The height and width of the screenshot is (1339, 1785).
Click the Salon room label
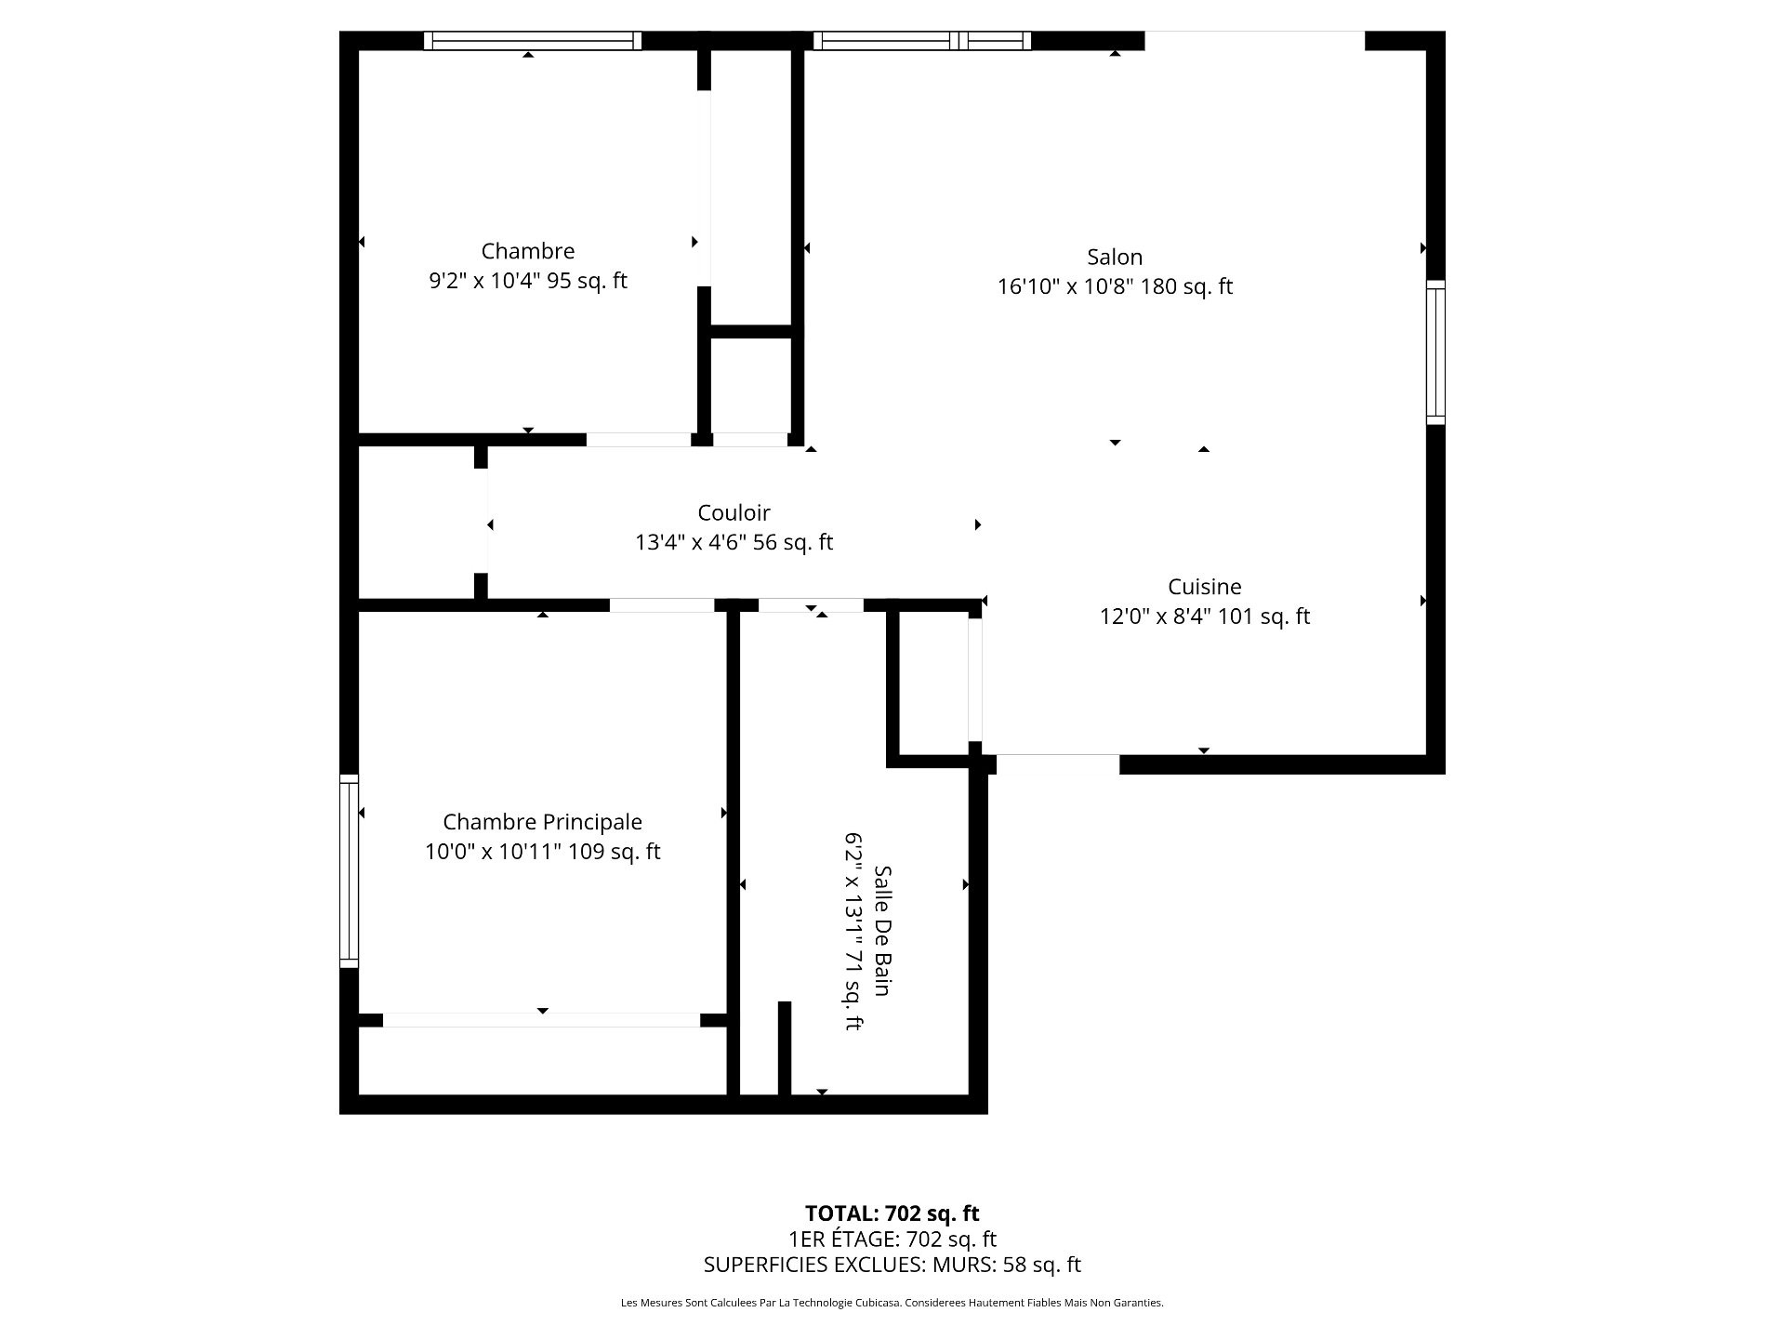tap(1115, 257)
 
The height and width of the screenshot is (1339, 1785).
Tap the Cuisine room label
tap(1205, 587)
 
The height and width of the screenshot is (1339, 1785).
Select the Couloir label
tap(734, 512)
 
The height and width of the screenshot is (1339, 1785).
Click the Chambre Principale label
tap(542, 822)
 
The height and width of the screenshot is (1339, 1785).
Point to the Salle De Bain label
tap(882, 931)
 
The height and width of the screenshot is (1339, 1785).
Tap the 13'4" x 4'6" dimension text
tap(691, 542)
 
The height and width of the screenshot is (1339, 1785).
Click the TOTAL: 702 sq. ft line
tap(892, 1213)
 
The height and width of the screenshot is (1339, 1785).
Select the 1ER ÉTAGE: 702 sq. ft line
tap(892, 1240)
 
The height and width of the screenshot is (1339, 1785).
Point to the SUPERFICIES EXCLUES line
tap(892, 1265)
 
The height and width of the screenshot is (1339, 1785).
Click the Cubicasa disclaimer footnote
tap(892, 1303)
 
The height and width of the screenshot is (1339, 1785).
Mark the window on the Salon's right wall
tap(1435, 352)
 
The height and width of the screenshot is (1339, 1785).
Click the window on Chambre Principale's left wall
tap(349, 871)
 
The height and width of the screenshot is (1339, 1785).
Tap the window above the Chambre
tap(533, 41)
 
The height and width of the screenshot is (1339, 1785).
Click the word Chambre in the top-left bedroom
tap(528, 251)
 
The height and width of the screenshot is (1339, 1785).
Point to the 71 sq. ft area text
tap(853, 997)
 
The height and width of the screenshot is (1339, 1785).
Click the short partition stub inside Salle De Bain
tap(785, 1048)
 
